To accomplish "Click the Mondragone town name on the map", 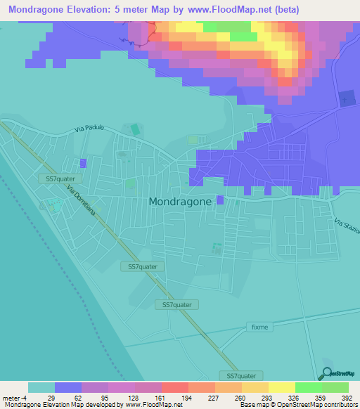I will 180,201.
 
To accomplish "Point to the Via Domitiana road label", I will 86,204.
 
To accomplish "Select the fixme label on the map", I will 259,327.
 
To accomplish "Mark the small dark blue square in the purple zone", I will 347,99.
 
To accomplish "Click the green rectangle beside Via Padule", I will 134,130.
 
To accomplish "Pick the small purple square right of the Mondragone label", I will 220,200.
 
